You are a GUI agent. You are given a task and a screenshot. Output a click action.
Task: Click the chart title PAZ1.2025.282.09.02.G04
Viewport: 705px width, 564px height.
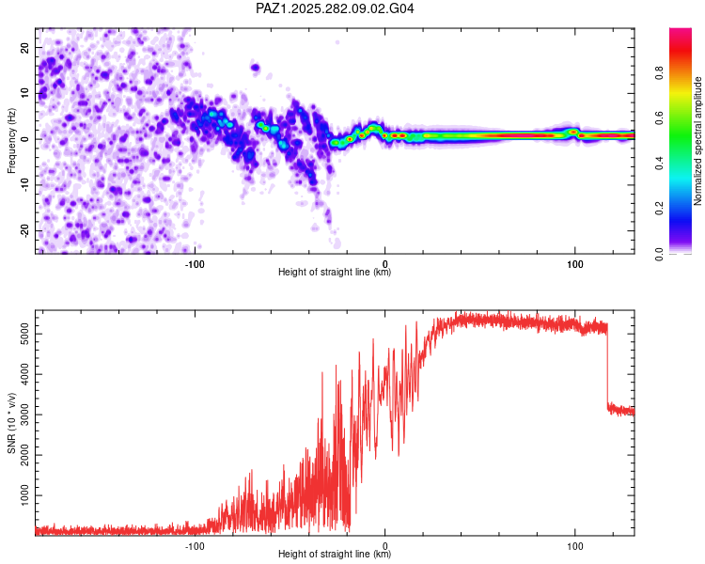point(336,9)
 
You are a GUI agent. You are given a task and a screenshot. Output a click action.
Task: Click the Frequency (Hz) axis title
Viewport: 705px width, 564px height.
point(11,141)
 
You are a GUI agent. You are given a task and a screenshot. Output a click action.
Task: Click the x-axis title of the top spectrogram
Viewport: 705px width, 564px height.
point(335,273)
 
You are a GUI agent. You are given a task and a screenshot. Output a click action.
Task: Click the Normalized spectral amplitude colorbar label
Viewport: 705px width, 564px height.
point(697,141)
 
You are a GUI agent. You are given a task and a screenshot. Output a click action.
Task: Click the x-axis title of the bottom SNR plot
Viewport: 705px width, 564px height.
point(335,555)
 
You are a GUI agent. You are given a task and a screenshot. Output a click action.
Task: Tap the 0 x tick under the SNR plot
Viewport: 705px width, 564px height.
point(385,545)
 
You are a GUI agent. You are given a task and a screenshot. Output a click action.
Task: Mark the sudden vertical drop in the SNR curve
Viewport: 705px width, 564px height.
point(607,367)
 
